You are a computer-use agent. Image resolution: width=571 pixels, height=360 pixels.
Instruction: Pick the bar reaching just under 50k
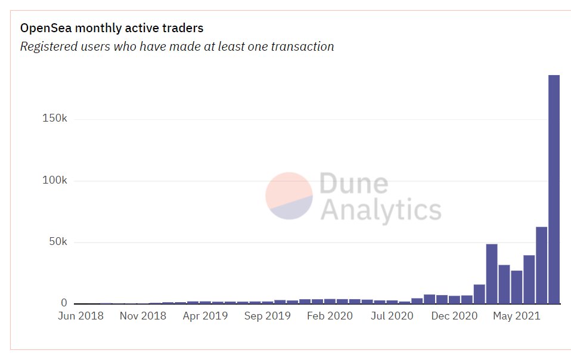(x=492, y=274)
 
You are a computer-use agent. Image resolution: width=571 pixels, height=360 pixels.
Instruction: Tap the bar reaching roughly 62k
(x=541, y=265)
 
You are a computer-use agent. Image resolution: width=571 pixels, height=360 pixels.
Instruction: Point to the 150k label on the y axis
(x=55, y=119)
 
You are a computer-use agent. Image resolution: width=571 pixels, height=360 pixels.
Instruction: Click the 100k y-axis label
(x=55, y=181)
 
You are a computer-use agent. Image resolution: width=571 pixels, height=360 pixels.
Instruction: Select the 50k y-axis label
(x=58, y=242)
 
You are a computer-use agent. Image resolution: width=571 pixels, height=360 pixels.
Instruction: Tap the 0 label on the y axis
(x=64, y=303)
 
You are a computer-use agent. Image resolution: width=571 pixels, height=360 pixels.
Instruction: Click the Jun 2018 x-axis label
(x=80, y=316)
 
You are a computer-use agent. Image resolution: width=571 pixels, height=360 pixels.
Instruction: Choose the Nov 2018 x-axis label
(x=142, y=316)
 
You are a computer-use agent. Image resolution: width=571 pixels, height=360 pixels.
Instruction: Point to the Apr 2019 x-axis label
(x=205, y=316)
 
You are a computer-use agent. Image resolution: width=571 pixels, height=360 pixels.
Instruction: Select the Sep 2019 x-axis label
(x=268, y=316)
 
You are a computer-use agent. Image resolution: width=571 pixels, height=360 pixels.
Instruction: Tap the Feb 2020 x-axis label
(x=330, y=316)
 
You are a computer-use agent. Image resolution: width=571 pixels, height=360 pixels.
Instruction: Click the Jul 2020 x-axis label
(x=392, y=316)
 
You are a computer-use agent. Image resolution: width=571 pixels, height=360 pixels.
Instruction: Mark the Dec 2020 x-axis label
(x=454, y=316)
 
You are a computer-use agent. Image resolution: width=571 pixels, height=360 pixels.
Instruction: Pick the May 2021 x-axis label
(x=516, y=316)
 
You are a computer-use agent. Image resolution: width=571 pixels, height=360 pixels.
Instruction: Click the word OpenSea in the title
(x=44, y=28)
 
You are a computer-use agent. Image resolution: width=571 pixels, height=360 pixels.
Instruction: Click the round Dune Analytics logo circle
(x=289, y=196)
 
